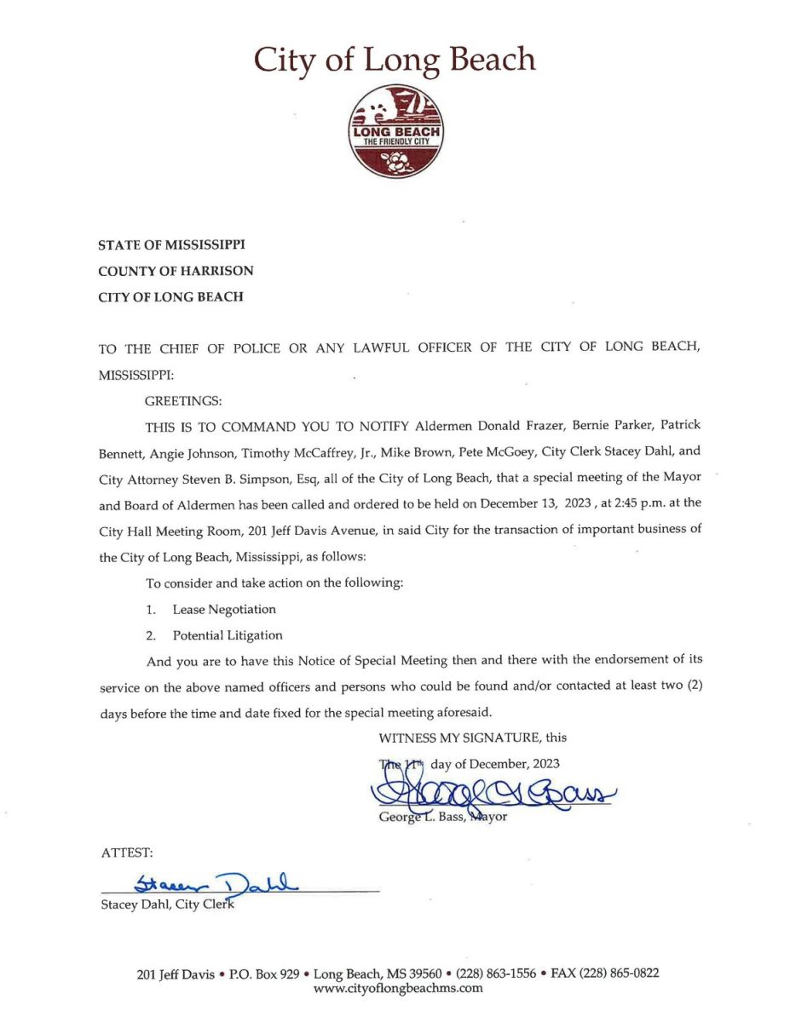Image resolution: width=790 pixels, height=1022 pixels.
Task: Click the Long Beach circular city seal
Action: (x=395, y=131)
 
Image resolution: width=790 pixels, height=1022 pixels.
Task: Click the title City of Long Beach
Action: (x=395, y=60)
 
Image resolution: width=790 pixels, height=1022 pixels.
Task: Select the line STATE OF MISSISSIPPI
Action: (x=171, y=245)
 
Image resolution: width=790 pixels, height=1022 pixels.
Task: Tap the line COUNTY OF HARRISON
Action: (x=176, y=271)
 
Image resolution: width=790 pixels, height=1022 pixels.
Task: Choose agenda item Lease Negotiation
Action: (x=224, y=610)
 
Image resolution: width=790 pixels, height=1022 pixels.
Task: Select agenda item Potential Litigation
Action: (x=228, y=635)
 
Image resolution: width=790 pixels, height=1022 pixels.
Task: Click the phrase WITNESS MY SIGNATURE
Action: (x=459, y=738)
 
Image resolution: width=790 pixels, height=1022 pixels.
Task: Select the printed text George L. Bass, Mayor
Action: (x=443, y=817)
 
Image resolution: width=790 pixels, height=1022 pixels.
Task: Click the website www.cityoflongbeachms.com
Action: (x=398, y=989)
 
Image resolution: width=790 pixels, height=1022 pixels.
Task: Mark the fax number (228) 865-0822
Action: (x=622, y=973)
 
